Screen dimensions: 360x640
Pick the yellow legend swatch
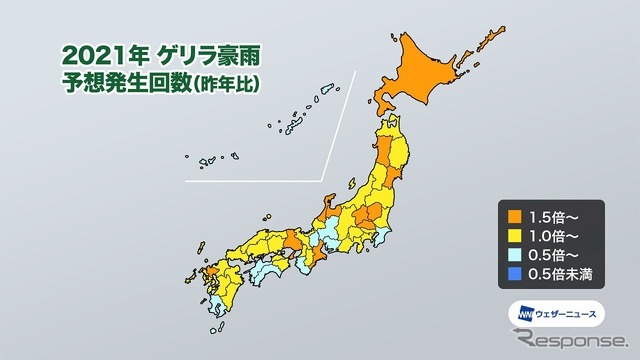(x=514, y=236)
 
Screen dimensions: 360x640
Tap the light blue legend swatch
(x=514, y=256)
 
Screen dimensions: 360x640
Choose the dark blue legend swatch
(x=514, y=277)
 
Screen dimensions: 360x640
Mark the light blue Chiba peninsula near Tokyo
(x=383, y=240)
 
